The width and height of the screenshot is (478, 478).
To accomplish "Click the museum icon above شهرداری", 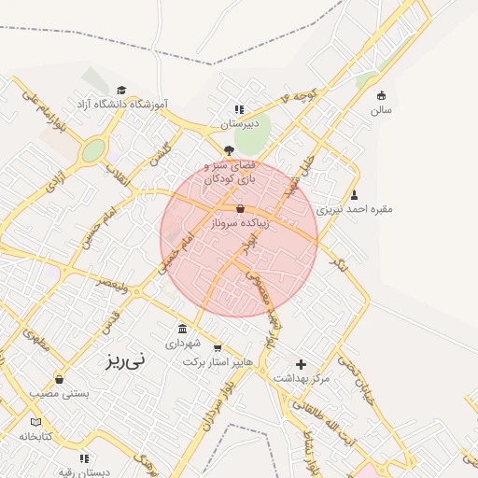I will pyautogui.click(x=181, y=329).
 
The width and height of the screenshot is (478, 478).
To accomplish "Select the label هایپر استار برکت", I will pyautogui.click(x=218, y=361).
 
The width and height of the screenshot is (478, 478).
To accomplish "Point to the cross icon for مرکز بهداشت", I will pyautogui.click(x=301, y=364).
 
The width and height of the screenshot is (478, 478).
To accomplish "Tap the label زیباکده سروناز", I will pyautogui.click(x=242, y=224).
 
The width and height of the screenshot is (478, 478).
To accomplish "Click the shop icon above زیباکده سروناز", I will pyautogui.click(x=241, y=210).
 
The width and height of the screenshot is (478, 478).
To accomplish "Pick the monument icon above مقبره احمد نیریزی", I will pyautogui.click(x=355, y=195).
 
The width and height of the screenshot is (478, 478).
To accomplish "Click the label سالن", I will pyautogui.click(x=381, y=109).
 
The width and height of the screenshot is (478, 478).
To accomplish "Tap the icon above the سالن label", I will pyautogui.click(x=381, y=94).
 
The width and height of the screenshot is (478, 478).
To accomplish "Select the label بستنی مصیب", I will pyautogui.click(x=61, y=394).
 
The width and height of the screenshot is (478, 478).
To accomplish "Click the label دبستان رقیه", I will pyautogui.click(x=85, y=472).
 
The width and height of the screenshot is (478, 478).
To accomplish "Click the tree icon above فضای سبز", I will pyautogui.click(x=230, y=150).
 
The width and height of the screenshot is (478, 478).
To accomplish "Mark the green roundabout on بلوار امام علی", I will pyautogui.click(x=93, y=150).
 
